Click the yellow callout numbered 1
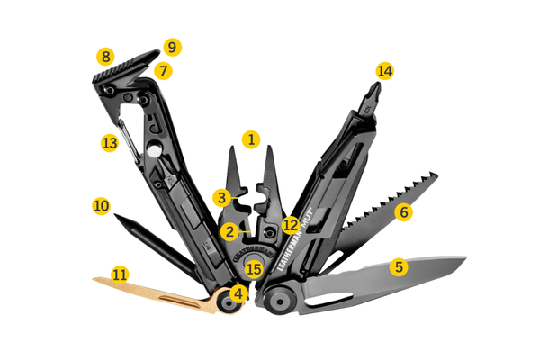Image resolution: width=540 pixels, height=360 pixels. (x=251, y=139)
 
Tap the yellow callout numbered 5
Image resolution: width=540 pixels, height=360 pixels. (x=399, y=267)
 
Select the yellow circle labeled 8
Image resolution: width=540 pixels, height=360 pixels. (x=105, y=57)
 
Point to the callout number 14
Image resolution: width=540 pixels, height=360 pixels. (x=384, y=71)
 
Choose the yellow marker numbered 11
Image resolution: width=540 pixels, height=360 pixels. (x=121, y=274)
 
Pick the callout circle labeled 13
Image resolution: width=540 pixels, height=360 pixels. (x=110, y=142)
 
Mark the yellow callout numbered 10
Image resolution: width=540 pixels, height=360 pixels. (x=101, y=206)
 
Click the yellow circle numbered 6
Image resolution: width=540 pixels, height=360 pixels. (x=403, y=212)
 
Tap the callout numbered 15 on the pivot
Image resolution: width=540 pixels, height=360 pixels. (x=254, y=269)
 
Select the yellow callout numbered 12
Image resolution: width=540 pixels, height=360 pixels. (x=291, y=225)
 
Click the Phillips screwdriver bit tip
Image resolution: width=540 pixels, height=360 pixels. (x=375, y=88)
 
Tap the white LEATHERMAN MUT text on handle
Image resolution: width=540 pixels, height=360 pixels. (x=293, y=239)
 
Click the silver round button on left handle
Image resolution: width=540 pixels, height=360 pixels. (x=154, y=150)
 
